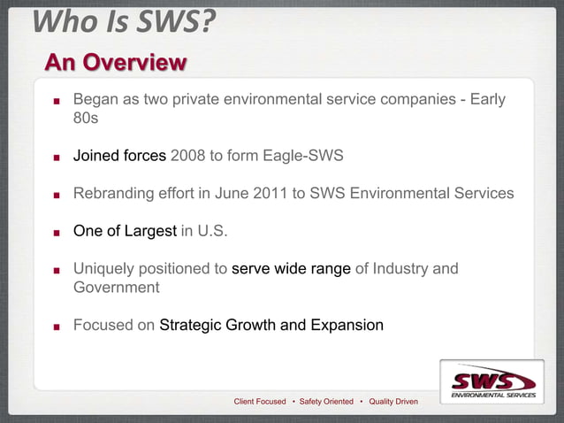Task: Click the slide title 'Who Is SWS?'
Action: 124,21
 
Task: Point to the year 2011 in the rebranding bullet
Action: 271,194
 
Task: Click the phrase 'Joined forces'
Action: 119,157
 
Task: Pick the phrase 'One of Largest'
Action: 125,231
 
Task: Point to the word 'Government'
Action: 116,288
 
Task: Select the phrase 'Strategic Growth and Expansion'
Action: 271,325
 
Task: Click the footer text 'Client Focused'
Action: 259,402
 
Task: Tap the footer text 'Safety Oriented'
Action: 327,402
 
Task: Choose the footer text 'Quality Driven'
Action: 393,402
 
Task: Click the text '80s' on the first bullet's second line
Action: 86,119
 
